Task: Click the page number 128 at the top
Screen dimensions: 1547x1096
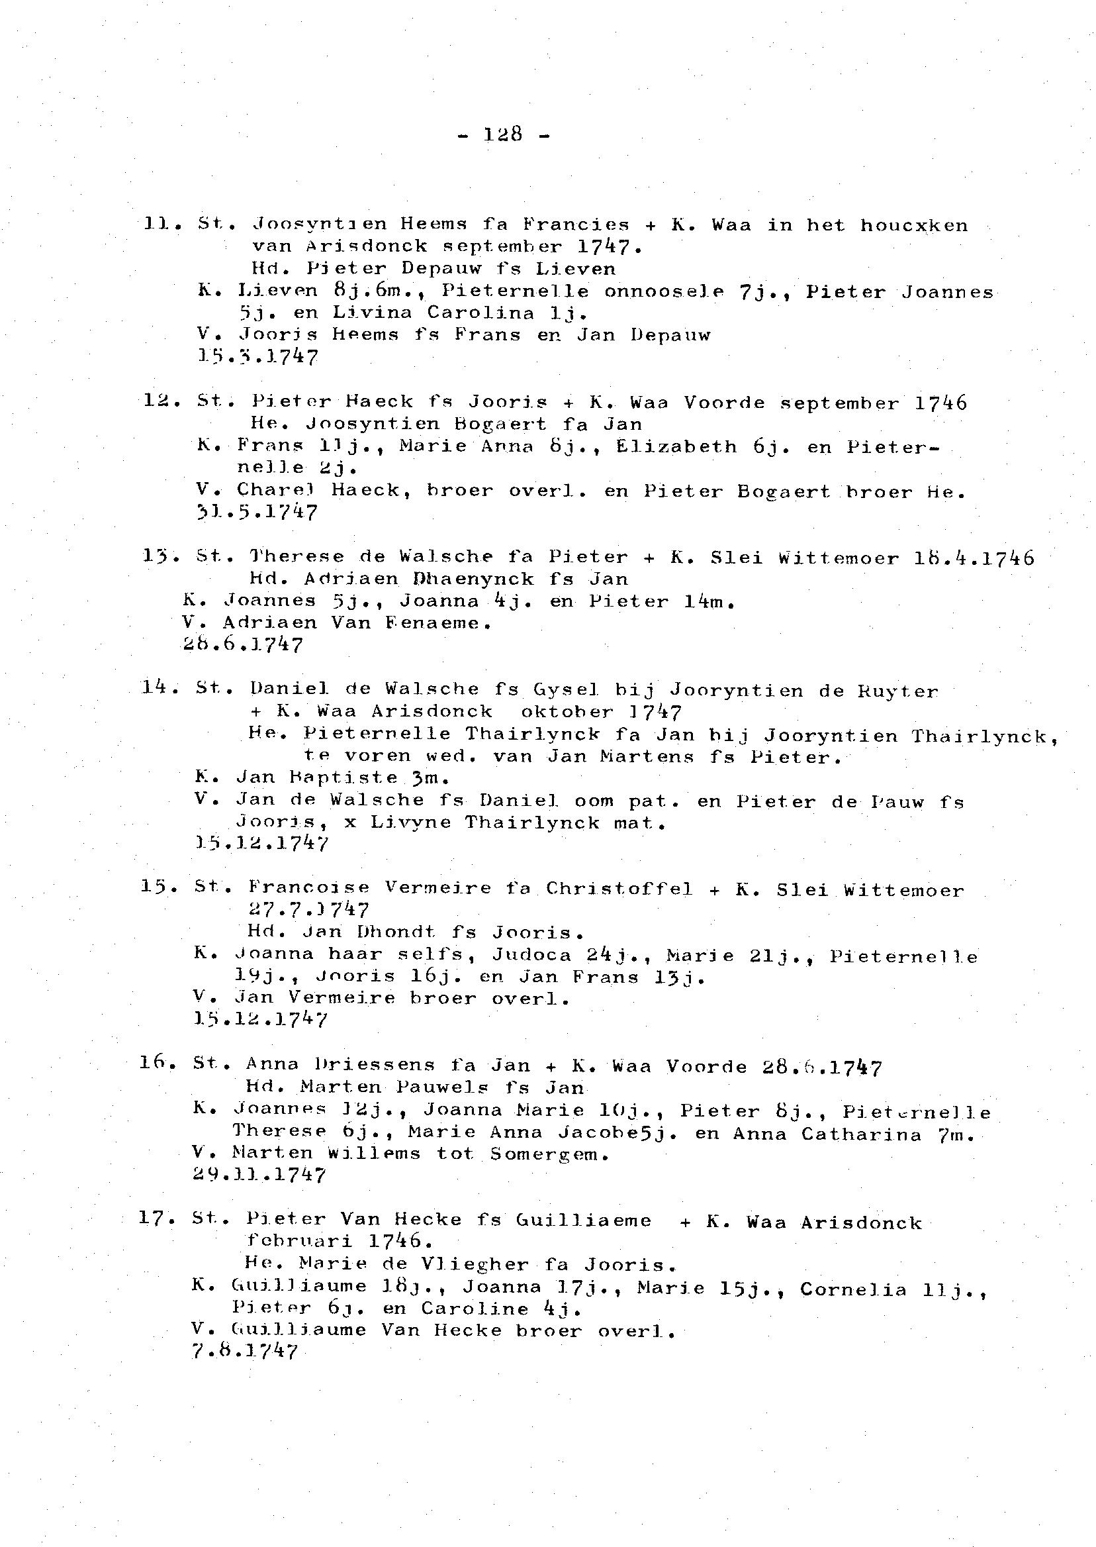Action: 503,134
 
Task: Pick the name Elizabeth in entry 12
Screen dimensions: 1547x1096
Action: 676,446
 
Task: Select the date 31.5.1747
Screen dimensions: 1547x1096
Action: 256,513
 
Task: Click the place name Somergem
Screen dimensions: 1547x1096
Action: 550,1154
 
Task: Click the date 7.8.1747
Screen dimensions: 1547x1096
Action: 244,1351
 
